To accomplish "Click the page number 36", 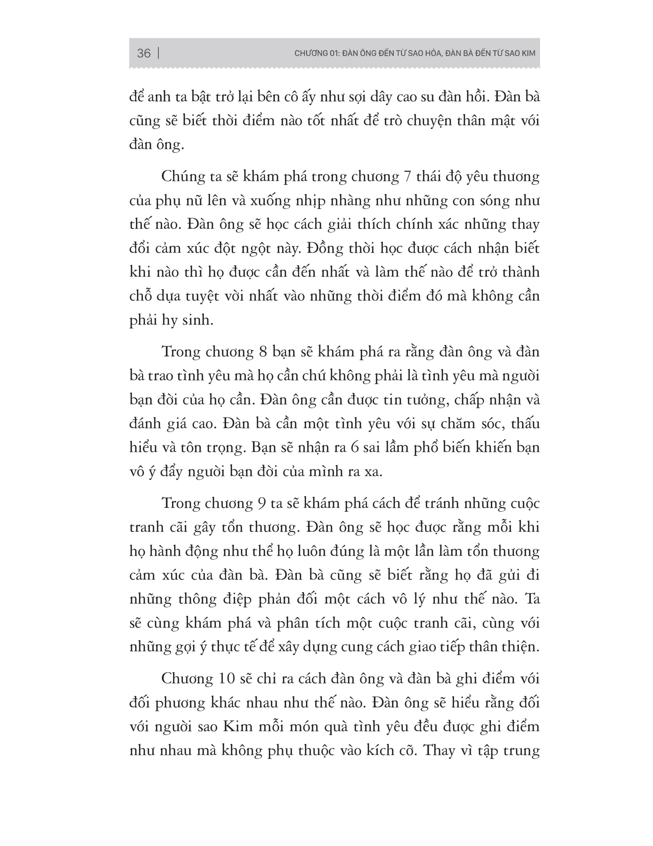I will click(x=144, y=53).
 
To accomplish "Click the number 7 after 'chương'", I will click(x=407, y=177).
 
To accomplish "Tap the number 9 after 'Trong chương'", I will click(x=261, y=504).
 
